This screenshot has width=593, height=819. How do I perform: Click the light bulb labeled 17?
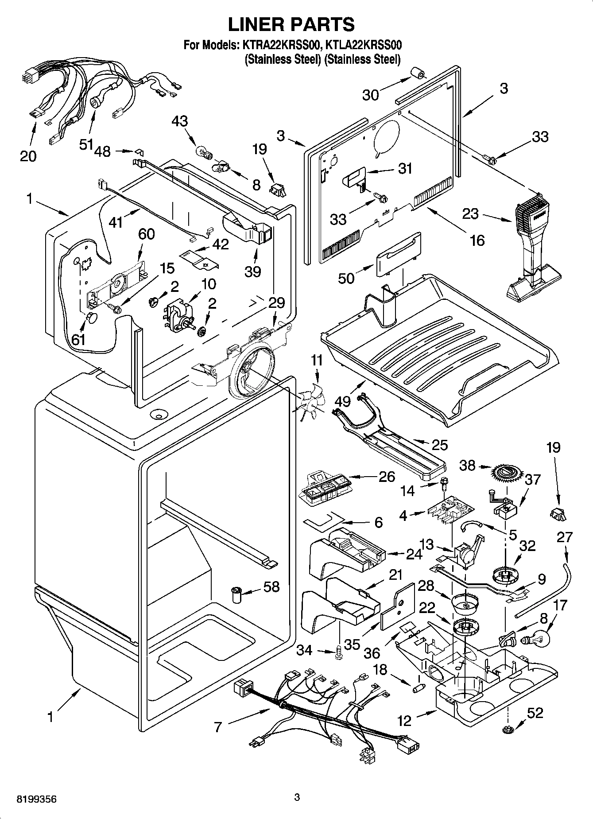(x=537, y=638)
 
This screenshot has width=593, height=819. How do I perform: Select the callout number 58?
(x=271, y=586)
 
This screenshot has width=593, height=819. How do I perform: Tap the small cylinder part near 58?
(x=237, y=594)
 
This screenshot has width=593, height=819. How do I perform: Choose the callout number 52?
(x=535, y=713)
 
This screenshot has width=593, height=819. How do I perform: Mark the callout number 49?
(x=343, y=401)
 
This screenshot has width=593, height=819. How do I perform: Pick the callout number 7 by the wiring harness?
(x=217, y=727)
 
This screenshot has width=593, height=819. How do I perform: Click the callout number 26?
(x=386, y=477)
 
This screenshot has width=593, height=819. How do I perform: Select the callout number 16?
(x=477, y=240)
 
